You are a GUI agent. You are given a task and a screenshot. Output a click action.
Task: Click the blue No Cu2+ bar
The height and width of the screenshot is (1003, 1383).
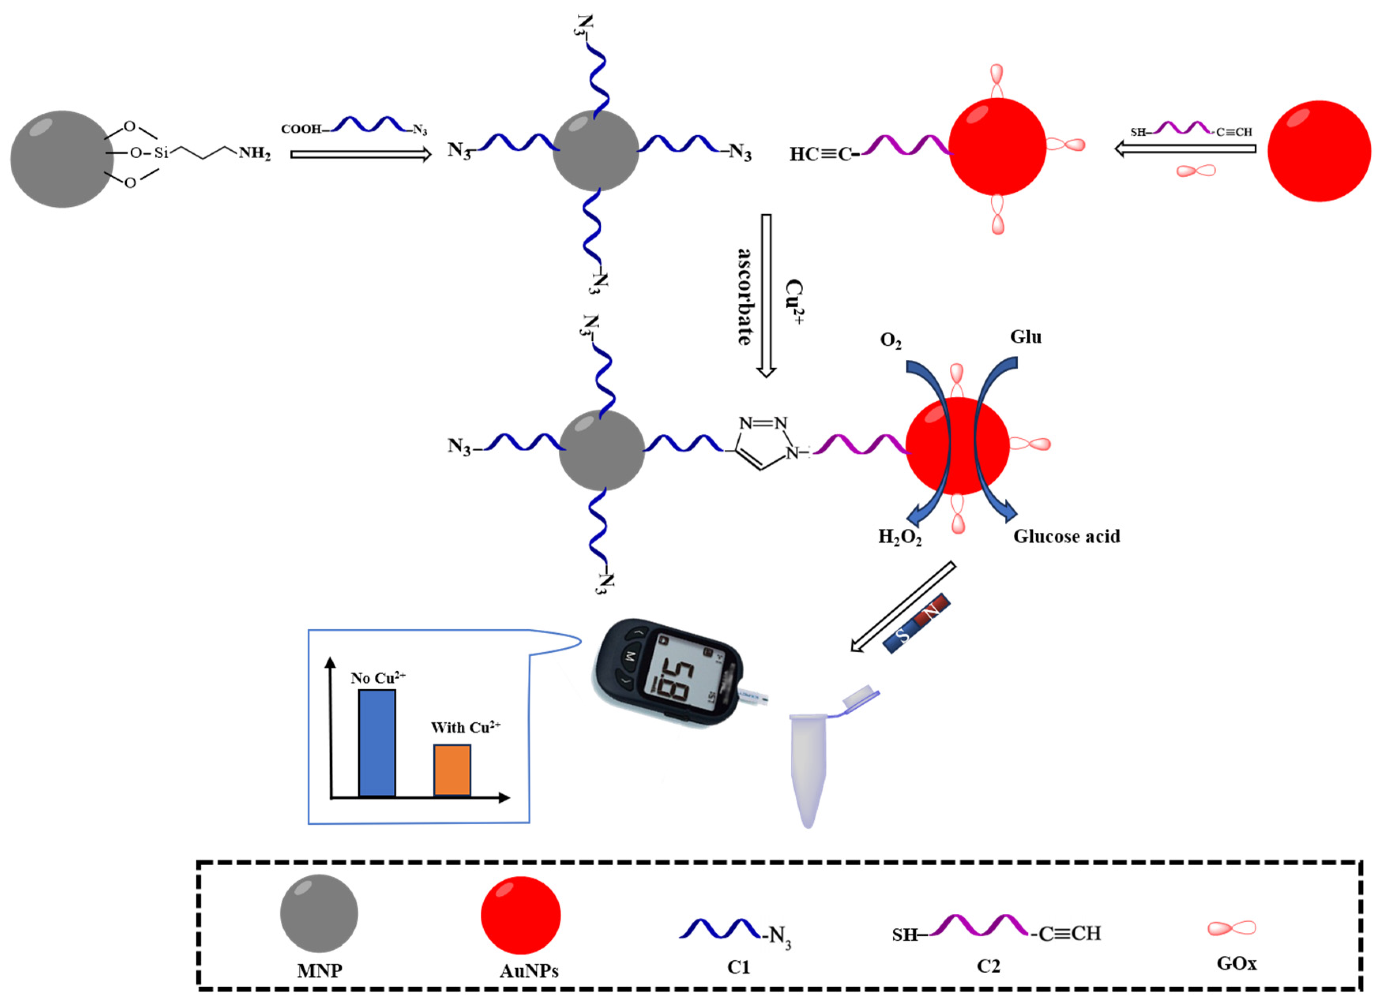(377, 743)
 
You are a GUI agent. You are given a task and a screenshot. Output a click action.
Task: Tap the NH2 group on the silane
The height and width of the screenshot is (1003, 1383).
(254, 153)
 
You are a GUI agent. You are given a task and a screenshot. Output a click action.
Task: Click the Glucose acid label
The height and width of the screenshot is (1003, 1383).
(1067, 536)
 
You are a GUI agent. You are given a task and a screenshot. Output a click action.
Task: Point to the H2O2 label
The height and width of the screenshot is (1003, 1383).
(900, 537)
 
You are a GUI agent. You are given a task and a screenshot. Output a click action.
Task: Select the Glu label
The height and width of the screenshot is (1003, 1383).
(1026, 337)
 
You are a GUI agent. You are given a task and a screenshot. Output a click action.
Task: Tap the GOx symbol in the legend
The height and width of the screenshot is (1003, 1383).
(1232, 928)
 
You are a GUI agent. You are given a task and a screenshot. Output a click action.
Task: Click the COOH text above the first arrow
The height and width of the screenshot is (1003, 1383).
(301, 129)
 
